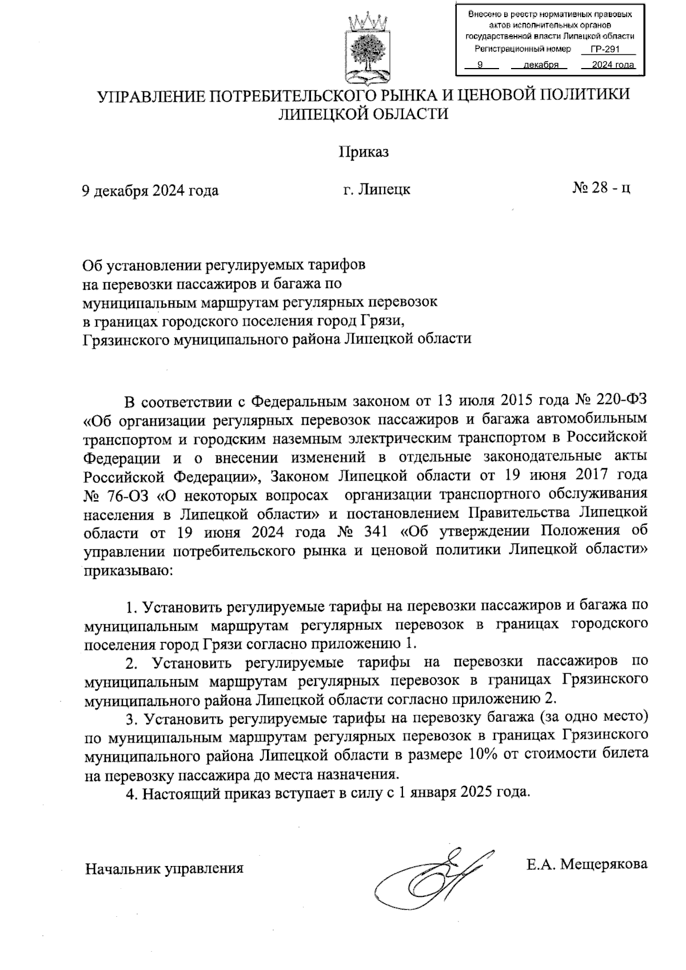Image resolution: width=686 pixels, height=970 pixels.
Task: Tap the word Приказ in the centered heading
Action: pos(364,152)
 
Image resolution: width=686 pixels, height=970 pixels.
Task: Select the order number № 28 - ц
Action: pos(601,189)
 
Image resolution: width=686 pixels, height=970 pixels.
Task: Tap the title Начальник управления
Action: pos(165,869)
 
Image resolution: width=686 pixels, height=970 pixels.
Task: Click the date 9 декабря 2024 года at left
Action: pos(150,190)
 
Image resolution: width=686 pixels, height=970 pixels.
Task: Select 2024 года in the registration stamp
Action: pos(613,65)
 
